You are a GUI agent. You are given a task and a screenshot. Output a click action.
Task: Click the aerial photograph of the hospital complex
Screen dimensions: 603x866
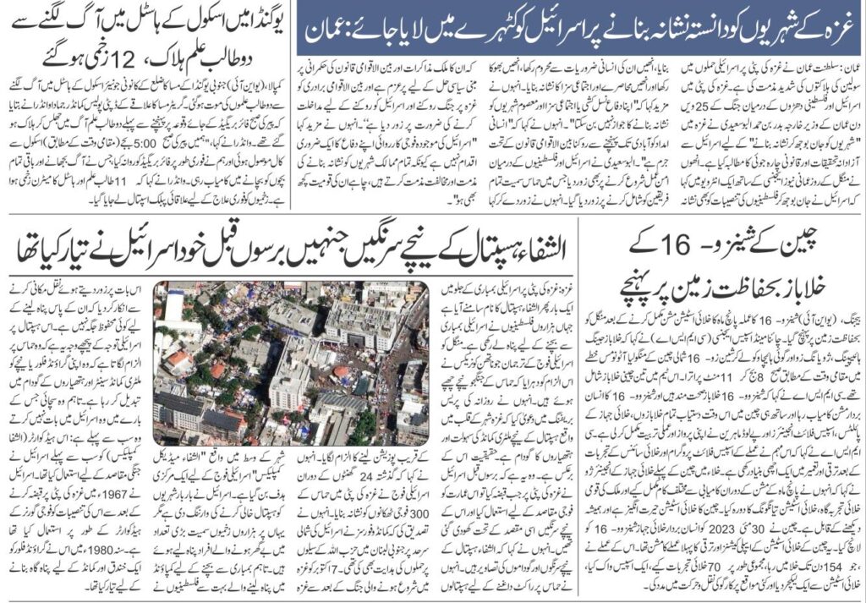[x=291, y=363]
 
